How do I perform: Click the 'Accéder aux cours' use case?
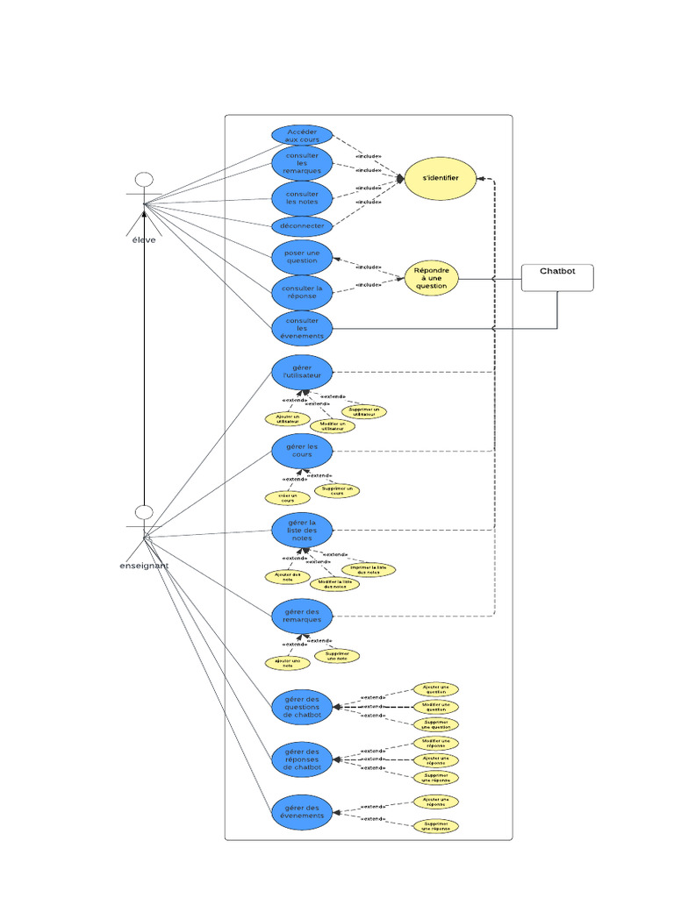click(x=302, y=135)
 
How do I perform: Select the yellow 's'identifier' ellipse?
click(x=441, y=179)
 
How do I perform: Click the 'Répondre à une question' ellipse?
click(x=432, y=278)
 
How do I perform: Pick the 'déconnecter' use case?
click(x=302, y=226)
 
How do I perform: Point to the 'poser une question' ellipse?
click(x=302, y=256)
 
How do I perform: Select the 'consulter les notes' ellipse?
click(x=302, y=198)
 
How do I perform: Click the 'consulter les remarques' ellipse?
click(x=302, y=164)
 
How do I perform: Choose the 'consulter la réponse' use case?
click(x=302, y=292)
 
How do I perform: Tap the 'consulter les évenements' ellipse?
click(x=302, y=328)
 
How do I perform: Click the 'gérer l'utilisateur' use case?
click(x=302, y=372)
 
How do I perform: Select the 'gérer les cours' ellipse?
click(x=302, y=451)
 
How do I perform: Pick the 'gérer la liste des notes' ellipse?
click(x=302, y=530)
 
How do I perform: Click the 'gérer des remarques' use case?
click(x=302, y=616)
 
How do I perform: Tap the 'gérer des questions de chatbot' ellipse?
click(x=302, y=707)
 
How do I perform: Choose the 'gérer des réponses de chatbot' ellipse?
click(x=302, y=759)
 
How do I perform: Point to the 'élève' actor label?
click(x=144, y=239)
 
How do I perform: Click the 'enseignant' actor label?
click(x=144, y=566)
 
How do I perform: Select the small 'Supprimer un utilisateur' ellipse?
click(x=363, y=411)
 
